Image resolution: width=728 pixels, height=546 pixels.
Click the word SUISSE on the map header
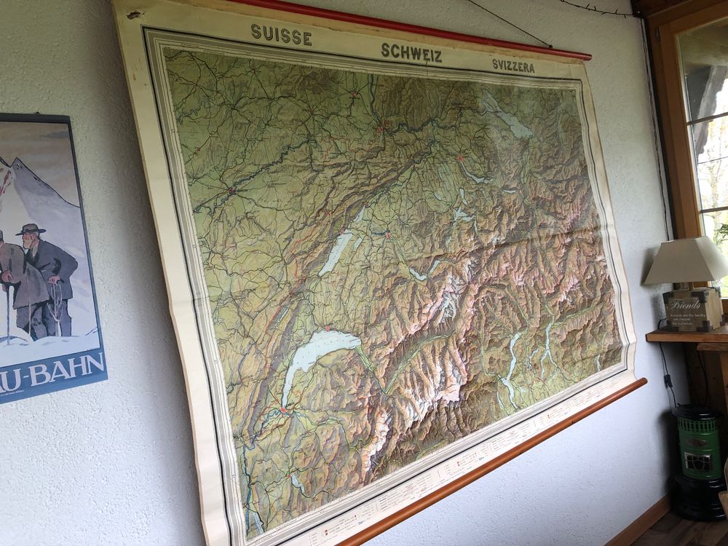click(x=281, y=33)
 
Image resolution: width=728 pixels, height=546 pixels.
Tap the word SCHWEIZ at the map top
click(x=411, y=52)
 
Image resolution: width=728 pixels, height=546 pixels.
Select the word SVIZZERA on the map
click(x=513, y=66)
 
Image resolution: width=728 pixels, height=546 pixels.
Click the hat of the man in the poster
click(x=31, y=229)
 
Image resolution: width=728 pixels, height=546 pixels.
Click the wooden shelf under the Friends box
click(x=684, y=335)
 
